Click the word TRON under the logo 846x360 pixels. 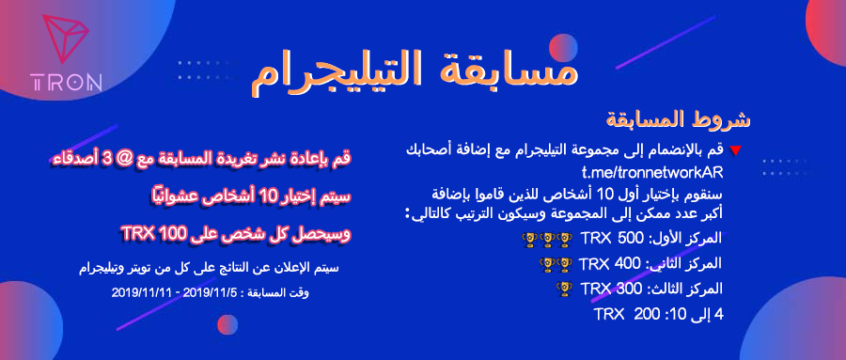(66, 83)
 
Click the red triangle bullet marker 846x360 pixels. (735, 150)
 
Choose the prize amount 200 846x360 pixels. (648, 313)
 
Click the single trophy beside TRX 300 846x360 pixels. (563, 288)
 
